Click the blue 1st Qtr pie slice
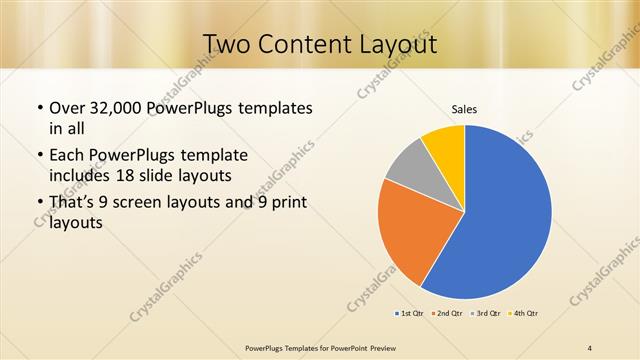(x=505, y=215)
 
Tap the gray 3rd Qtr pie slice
(x=411, y=170)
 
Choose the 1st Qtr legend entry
(x=408, y=314)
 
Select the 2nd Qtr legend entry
(x=446, y=314)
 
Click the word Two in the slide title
(x=226, y=44)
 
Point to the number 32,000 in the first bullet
(x=117, y=107)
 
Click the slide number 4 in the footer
(x=590, y=347)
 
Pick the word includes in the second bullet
(x=84, y=175)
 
